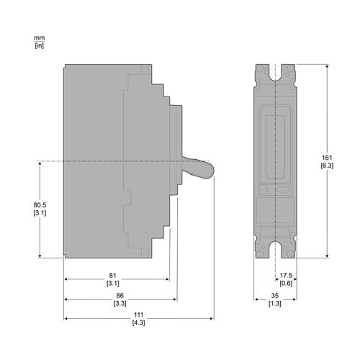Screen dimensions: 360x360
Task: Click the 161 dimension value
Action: click(x=327, y=158)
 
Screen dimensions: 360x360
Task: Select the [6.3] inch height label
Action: click(x=327, y=166)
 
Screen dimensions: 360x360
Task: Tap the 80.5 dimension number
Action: click(x=40, y=205)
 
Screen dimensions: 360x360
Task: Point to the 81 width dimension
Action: click(x=112, y=275)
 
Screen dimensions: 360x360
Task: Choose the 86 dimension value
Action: click(x=120, y=295)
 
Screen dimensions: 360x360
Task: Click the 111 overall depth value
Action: click(x=138, y=315)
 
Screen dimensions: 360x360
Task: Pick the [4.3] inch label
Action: click(x=138, y=323)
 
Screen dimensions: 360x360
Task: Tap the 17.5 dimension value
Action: click(x=286, y=275)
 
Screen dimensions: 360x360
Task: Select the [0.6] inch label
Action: click(x=286, y=283)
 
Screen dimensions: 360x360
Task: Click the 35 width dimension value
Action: click(x=275, y=295)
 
